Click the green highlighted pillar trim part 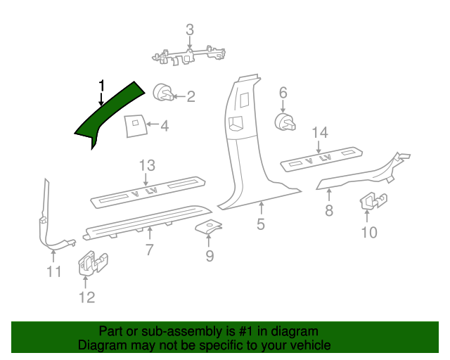pyautogui.click(x=105, y=114)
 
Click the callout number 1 pyautogui.click(x=101, y=86)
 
